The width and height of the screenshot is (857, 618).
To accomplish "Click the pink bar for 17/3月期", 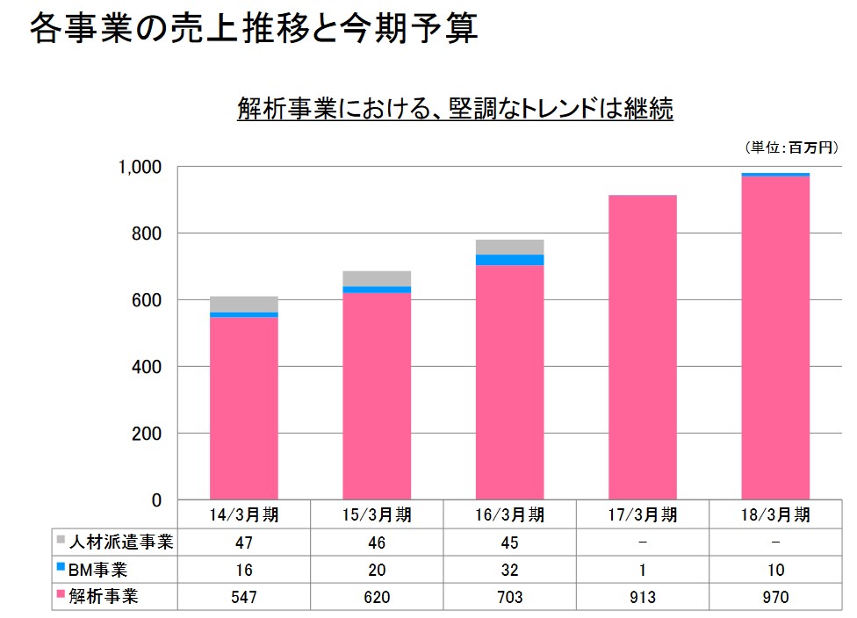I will (x=643, y=347).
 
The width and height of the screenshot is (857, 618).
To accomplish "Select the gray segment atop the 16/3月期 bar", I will (x=509, y=247).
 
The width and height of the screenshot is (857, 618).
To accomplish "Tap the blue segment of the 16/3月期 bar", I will (x=509, y=260).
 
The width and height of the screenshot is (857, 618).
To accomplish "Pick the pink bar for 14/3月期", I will (x=244, y=408).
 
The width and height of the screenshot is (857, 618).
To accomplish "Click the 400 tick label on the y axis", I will (x=145, y=367).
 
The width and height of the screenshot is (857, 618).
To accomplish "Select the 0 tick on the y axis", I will (x=156, y=500).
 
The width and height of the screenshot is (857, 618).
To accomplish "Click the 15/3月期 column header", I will (x=377, y=514).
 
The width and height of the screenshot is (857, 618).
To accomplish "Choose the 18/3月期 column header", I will (x=775, y=514).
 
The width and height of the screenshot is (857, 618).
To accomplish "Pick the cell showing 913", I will (x=643, y=597).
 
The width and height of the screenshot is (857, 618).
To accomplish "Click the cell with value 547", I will (x=244, y=597).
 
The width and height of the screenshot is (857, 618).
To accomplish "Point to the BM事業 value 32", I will (x=509, y=569).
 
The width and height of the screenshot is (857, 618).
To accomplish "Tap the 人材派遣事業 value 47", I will (x=244, y=542).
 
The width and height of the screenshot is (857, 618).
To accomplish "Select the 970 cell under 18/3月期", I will (x=775, y=597).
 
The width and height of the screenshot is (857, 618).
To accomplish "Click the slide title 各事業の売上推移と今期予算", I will (x=254, y=29).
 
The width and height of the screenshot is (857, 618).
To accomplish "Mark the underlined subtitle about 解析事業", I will (x=455, y=109).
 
